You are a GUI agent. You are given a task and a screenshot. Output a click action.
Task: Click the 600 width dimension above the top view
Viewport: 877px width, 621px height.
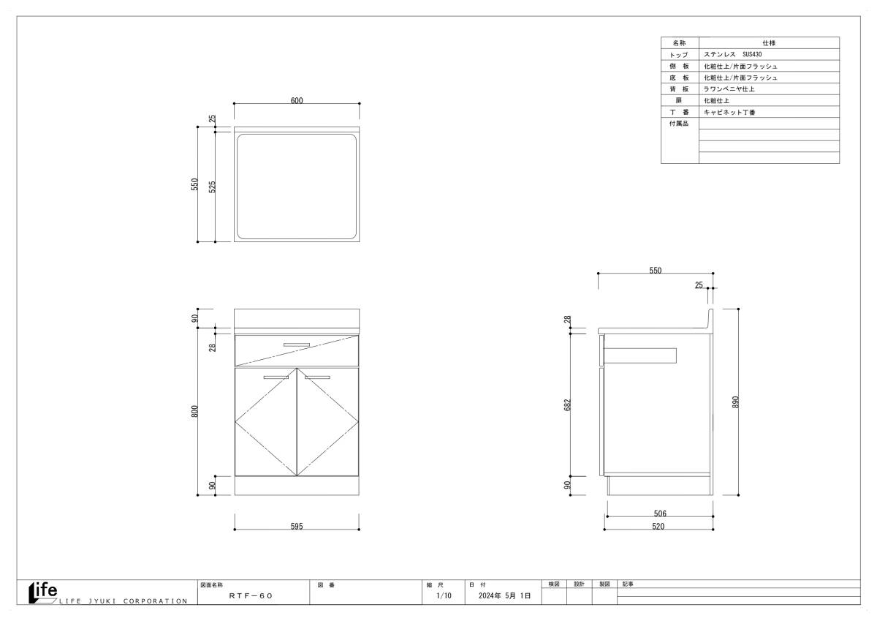point(297,101)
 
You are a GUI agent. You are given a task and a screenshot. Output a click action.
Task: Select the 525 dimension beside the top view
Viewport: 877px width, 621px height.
point(212,187)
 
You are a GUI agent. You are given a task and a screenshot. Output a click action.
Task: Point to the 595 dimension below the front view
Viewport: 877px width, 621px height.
point(297,526)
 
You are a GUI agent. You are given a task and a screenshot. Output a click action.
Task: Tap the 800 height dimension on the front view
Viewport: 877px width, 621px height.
point(194,411)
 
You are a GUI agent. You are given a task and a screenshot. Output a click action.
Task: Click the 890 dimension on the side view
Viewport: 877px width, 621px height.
point(735,402)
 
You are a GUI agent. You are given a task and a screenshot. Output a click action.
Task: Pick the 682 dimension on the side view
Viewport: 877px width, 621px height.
point(568,404)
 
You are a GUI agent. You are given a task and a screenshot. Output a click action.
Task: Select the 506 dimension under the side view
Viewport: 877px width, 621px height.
point(660,513)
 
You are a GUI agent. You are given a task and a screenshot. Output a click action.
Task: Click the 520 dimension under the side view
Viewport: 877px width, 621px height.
point(658,526)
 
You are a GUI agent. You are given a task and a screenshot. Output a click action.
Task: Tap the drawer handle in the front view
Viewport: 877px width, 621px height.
point(297,345)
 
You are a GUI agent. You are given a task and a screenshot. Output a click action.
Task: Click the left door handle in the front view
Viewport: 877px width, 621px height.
point(276,377)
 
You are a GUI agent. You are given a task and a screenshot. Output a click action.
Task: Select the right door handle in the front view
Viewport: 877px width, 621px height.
point(317,377)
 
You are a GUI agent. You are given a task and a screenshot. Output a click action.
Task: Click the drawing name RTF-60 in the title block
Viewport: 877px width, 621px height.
point(251,595)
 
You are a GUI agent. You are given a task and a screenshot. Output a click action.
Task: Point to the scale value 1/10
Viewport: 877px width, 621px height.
point(444,595)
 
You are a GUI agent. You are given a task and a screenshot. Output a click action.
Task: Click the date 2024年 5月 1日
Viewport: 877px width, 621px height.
point(505,595)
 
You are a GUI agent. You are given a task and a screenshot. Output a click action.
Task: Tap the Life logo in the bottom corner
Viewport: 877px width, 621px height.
point(43,592)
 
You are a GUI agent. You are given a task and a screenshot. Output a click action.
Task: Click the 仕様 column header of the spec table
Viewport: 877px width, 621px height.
point(769,42)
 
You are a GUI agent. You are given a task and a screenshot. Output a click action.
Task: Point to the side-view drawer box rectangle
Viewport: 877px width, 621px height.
point(640,348)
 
